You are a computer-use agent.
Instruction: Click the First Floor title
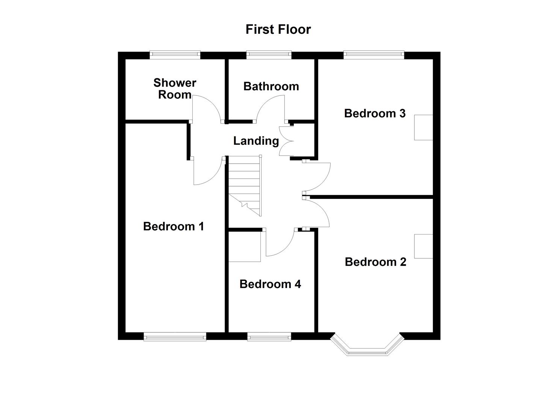pos(278,29)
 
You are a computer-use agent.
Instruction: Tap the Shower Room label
pos(175,88)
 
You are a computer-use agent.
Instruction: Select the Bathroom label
pos(271,86)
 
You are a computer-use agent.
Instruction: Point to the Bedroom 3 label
pos(375,113)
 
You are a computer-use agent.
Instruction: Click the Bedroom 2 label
pos(375,262)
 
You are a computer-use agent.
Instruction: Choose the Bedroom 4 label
pos(270,284)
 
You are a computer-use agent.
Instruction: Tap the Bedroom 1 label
pos(174,226)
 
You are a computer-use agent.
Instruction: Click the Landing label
pos(256,141)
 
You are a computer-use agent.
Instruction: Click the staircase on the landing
pos(245,184)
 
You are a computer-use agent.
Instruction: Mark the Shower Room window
pos(175,55)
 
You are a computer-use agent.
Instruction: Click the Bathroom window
pos(269,55)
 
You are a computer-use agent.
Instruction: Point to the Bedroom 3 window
pos(374,55)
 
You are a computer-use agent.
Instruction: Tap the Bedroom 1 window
pos(175,336)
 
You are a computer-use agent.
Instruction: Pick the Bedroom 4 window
pos(269,336)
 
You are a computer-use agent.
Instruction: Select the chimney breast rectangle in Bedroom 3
pos(423,127)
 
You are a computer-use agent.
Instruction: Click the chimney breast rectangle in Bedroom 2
pos(423,246)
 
